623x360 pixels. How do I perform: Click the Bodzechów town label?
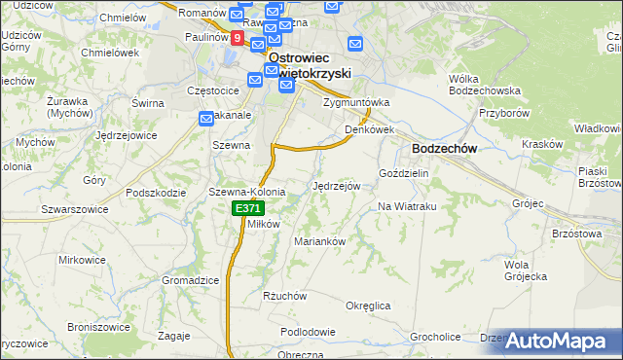click(x=444, y=148)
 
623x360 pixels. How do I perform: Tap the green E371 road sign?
click(x=247, y=209)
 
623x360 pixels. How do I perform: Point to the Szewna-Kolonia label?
click(x=247, y=192)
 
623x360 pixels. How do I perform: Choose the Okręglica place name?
click(x=368, y=306)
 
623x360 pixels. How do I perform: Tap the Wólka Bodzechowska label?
click(x=485, y=84)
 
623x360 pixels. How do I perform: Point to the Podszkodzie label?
click(x=156, y=192)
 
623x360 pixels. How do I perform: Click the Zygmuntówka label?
click(x=356, y=101)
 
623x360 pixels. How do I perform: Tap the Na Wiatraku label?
click(x=407, y=206)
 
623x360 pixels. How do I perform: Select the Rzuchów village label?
click(x=285, y=296)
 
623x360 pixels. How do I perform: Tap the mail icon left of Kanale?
click(x=206, y=119)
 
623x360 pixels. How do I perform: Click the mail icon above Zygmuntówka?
click(x=355, y=43)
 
